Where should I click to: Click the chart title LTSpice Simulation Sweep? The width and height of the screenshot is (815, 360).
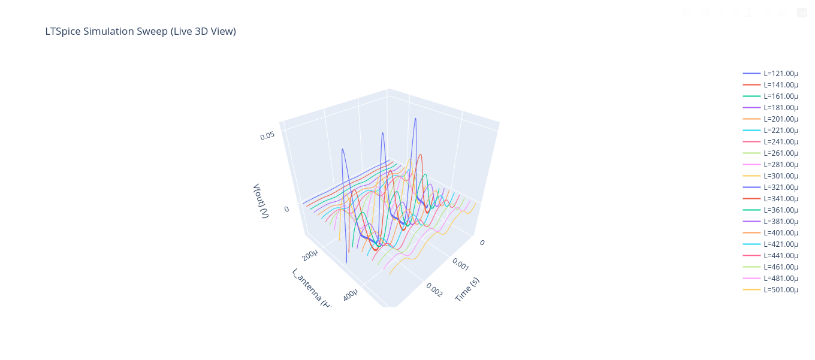point(140,31)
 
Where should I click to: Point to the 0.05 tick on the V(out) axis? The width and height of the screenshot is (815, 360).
point(267,136)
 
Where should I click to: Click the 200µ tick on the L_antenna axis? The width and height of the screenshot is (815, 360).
point(310,256)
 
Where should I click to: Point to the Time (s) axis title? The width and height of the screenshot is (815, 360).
point(467,289)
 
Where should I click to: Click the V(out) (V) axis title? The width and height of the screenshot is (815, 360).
point(260,201)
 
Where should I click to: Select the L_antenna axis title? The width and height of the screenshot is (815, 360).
point(311,288)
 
